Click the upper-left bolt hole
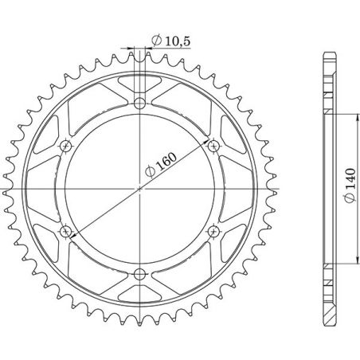(x=66, y=146)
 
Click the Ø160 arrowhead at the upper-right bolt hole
(x=209, y=149)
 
